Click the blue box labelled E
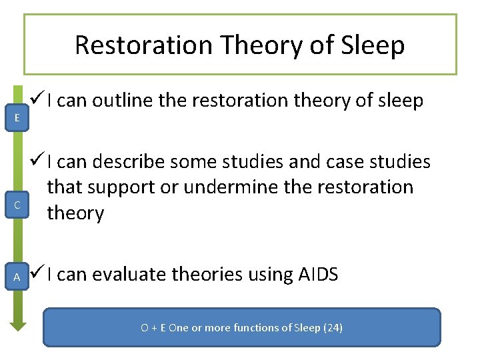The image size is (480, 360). coord(17,117)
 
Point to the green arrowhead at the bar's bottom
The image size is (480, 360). coord(17,325)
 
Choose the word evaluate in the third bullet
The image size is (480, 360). coord(130,274)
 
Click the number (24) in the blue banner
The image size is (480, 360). coord(331,328)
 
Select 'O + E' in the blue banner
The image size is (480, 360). coord(153,328)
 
